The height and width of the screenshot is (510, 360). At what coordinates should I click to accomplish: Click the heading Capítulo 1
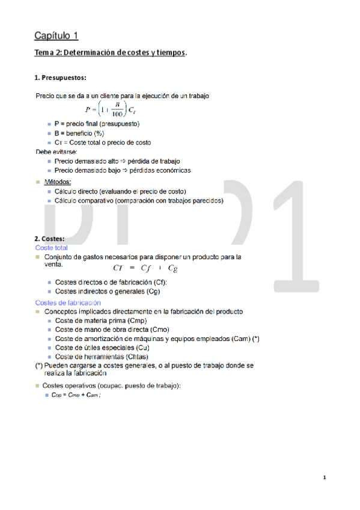click(56, 35)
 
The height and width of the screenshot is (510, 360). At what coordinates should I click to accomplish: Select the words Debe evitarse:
click(56, 152)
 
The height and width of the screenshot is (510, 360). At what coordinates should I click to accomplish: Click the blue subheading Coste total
click(52, 247)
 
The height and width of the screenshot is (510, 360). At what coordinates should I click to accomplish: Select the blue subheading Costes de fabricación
click(68, 303)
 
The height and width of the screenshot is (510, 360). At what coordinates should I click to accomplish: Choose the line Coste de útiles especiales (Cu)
click(102, 348)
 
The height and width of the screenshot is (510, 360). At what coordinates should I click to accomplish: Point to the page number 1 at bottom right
click(324, 478)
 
